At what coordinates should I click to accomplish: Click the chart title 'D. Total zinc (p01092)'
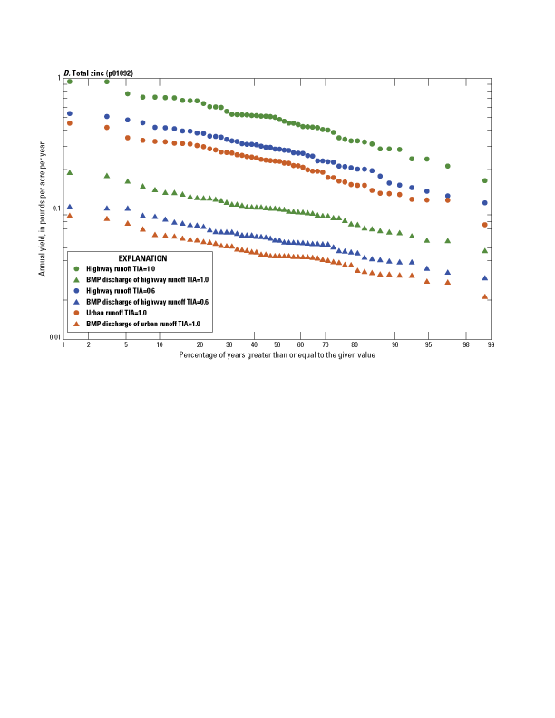101,71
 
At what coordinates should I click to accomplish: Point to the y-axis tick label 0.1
54,209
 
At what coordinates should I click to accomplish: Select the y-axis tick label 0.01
53,337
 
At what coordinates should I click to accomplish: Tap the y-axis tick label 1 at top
58,79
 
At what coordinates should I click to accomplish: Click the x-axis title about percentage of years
277,354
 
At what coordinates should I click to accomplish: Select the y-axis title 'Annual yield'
42,208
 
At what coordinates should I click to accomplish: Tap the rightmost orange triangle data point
485,296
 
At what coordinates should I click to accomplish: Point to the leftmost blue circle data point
70,113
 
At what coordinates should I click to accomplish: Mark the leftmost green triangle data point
70,172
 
